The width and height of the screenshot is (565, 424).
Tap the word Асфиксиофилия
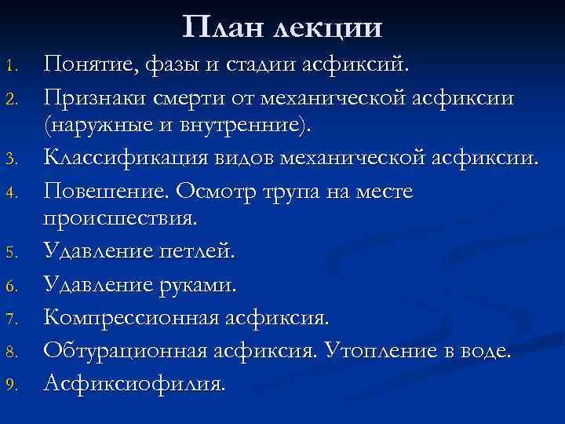134,385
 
